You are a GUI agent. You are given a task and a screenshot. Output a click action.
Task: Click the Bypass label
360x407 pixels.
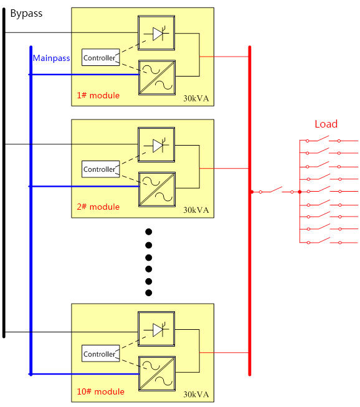pyautogui.click(x=26, y=14)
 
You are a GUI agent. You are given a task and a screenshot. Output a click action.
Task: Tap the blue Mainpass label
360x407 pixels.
pyautogui.click(x=52, y=58)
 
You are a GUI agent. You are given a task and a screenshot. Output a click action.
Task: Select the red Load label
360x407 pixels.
pyautogui.click(x=326, y=124)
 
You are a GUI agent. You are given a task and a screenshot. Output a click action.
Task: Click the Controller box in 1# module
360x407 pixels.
pyautogui.click(x=100, y=57)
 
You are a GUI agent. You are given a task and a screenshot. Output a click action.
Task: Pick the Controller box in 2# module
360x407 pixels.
pyautogui.click(x=100, y=169)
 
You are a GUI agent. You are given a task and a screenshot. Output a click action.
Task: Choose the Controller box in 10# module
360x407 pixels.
pyautogui.click(x=100, y=353)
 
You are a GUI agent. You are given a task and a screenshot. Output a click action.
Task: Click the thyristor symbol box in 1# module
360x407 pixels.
pyautogui.click(x=156, y=33)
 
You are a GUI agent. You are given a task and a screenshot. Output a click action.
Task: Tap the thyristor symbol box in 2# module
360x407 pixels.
pyautogui.click(x=156, y=144)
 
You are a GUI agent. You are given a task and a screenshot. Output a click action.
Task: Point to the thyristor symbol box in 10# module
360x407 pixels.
pyautogui.click(x=156, y=329)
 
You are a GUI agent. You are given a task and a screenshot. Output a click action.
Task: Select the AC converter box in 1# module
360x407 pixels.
pyautogui.click(x=157, y=77)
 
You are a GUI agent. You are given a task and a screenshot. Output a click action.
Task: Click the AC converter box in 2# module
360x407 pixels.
pyautogui.click(x=157, y=189)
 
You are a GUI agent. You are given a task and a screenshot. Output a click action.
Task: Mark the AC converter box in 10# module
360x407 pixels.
pyautogui.click(x=157, y=373)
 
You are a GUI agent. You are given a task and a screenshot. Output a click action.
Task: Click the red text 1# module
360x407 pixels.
pyautogui.click(x=98, y=95)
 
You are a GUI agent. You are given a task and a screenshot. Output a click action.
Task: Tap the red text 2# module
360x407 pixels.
pyautogui.click(x=98, y=207)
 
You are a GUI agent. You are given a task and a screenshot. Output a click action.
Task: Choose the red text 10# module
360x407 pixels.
pyautogui.click(x=100, y=391)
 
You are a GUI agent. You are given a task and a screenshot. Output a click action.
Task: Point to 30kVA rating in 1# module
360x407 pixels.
pyautogui.click(x=196, y=98)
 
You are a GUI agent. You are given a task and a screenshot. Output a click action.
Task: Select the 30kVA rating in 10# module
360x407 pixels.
pyautogui.click(x=196, y=395)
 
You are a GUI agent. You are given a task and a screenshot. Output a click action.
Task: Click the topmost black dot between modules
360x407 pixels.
pyautogui.click(x=149, y=232)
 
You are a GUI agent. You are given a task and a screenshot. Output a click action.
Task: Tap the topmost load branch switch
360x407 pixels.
pyautogui.click(x=323, y=139)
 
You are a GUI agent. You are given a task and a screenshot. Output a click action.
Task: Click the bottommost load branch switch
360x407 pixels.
pyautogui.click(x=324, y=241)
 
